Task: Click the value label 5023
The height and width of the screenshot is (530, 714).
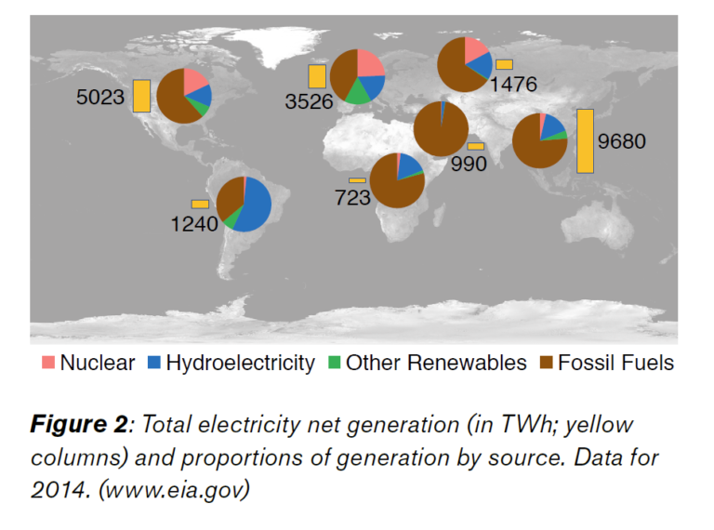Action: (100, 97)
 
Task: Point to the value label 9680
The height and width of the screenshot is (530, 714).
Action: (622, 141)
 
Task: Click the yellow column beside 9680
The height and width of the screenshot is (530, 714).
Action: (585, 140)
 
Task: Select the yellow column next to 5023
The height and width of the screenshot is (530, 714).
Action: (141, 96)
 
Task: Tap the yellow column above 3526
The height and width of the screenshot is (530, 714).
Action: (317, 76)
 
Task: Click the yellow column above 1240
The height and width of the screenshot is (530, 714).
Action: (200, 204)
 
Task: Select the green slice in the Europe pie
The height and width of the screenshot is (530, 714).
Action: (357, 93)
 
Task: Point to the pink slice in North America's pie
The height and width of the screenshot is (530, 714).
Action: (194, 81)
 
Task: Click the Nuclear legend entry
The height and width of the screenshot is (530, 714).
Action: (88, 363)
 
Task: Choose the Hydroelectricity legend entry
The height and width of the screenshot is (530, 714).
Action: (231, 363)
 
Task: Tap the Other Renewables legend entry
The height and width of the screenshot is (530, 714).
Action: (427, 363)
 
